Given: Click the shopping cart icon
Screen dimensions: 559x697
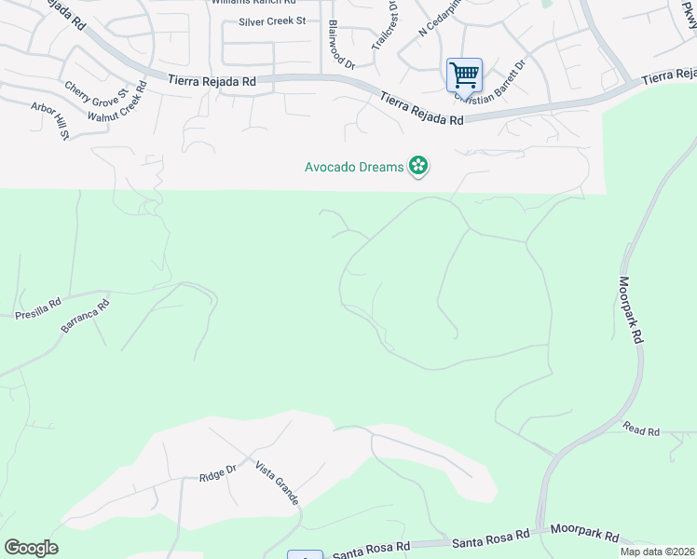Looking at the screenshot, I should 464,74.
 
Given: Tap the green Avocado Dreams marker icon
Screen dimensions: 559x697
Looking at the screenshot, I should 418,167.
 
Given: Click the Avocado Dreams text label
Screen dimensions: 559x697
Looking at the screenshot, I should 354,168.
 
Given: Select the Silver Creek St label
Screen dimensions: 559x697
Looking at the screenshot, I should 272,21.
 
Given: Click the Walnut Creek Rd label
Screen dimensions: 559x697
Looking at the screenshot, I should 116,102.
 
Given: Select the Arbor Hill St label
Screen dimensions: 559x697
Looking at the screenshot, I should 51,121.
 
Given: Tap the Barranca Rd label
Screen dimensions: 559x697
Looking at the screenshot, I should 85,316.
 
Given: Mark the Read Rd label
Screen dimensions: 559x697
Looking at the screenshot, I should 641,431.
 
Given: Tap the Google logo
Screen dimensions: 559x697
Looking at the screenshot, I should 31,548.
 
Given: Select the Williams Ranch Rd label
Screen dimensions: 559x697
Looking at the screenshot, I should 253,3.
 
